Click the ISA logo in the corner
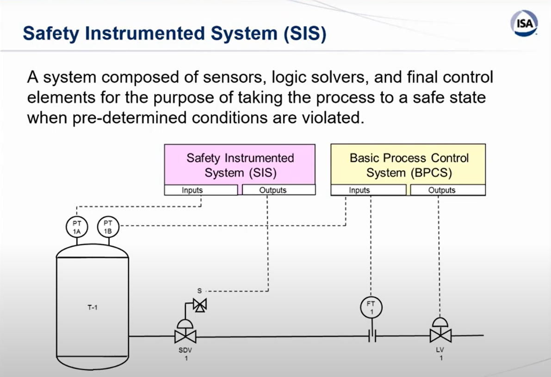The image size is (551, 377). [x=525, y=24]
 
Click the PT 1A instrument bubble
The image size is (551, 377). [x=76, y=227]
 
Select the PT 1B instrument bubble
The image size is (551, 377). [x=108, y=227]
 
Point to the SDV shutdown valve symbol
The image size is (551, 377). [x=185, y=336]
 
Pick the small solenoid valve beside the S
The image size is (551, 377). [x=200, y=305]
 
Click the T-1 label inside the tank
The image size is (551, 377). [x=92, y=308]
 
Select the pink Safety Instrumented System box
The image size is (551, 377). [x=240, y=164]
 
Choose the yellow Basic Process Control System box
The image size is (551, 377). [x=408, y=164]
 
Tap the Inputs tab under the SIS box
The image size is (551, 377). [x=201, y=190]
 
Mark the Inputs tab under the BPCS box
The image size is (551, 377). [x=368, y=190]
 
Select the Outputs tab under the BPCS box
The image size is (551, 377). [x=447, y=190]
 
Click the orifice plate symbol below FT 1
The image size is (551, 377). [x=372, y=336]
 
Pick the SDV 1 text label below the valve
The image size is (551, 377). [x=185, y=354]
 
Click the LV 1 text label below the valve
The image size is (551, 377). [x=440, y=354]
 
